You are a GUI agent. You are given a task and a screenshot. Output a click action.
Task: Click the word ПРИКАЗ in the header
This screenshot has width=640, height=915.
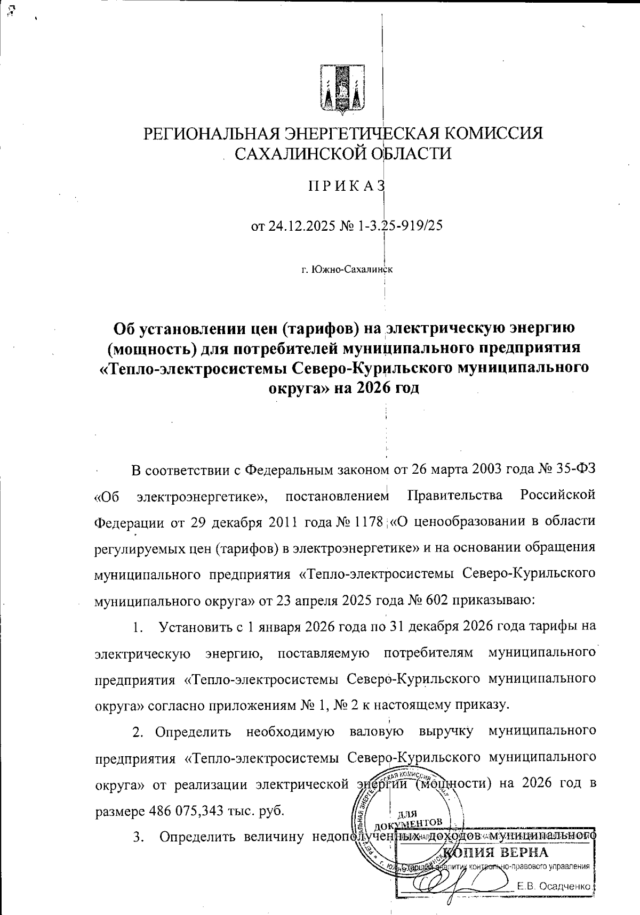(x=346, y=187)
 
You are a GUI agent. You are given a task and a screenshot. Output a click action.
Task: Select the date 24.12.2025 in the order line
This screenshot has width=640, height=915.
(x=301, y=226)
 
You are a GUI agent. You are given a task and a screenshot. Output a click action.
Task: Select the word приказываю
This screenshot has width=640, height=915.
(x=493, y=601)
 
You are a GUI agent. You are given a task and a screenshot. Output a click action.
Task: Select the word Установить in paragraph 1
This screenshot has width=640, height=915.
(x=194, y=627)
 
